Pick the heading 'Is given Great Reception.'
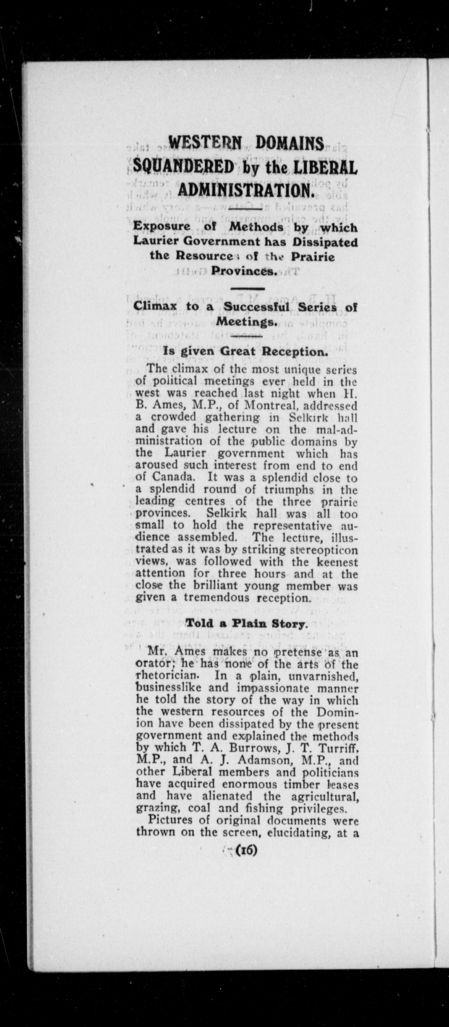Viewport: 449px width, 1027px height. pos(246,352)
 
